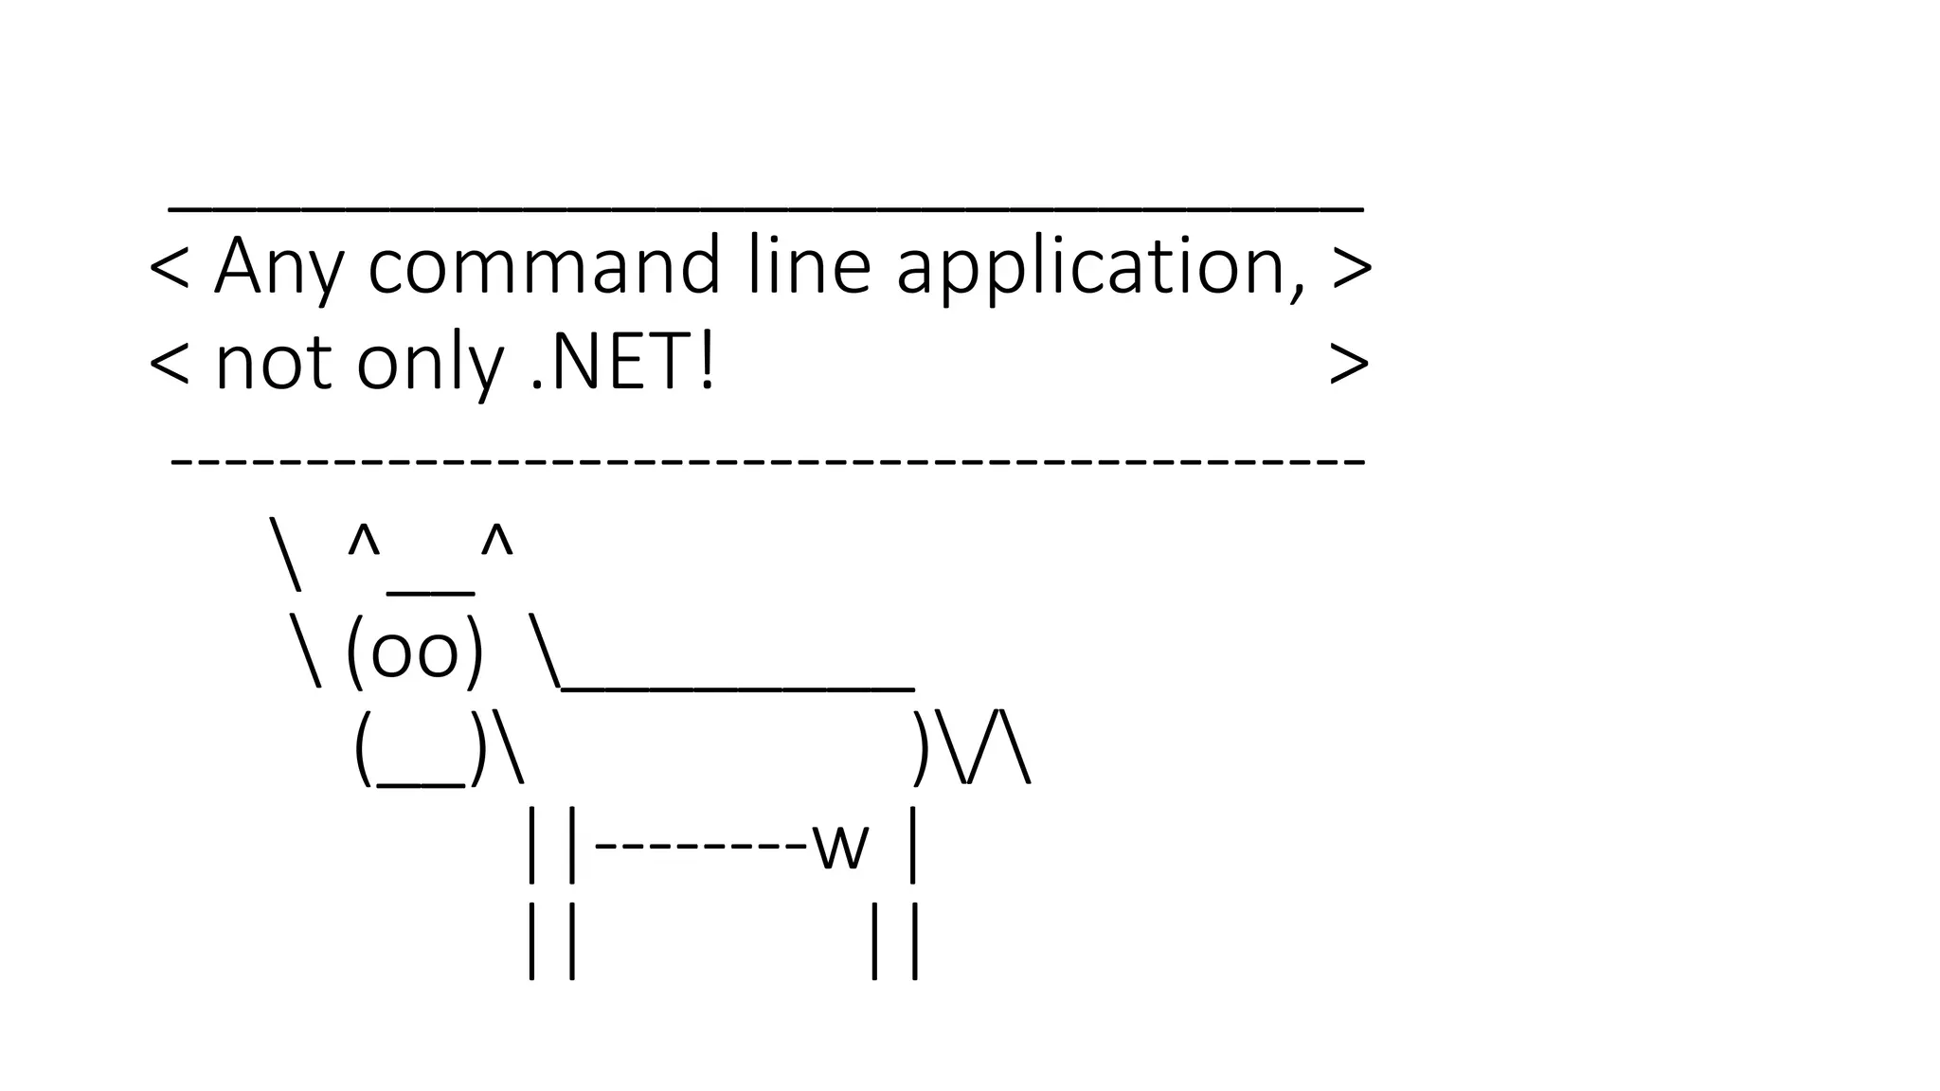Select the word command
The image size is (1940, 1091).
coord(545,266)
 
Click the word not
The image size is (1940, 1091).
coord(274,365)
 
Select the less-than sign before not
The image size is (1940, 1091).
coord(171,365)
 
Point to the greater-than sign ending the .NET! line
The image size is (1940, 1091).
coord(1348,365)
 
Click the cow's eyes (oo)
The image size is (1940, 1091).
coord(415,653)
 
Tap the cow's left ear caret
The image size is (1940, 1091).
coord(364,542)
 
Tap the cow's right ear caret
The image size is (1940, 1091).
coord(496,542)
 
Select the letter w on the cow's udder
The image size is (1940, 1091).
coord(840,846)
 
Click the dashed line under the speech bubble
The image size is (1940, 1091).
coord(767,461)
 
